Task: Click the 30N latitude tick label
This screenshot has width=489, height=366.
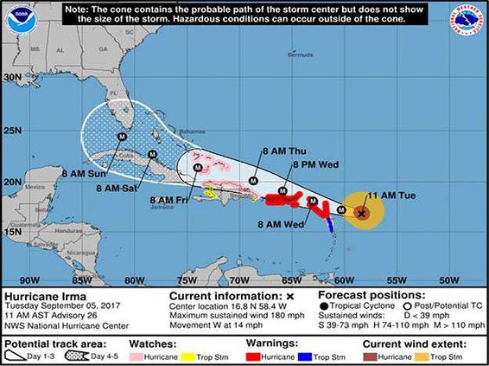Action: click(11, 76)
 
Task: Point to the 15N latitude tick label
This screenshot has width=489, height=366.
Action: click(11, 231)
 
